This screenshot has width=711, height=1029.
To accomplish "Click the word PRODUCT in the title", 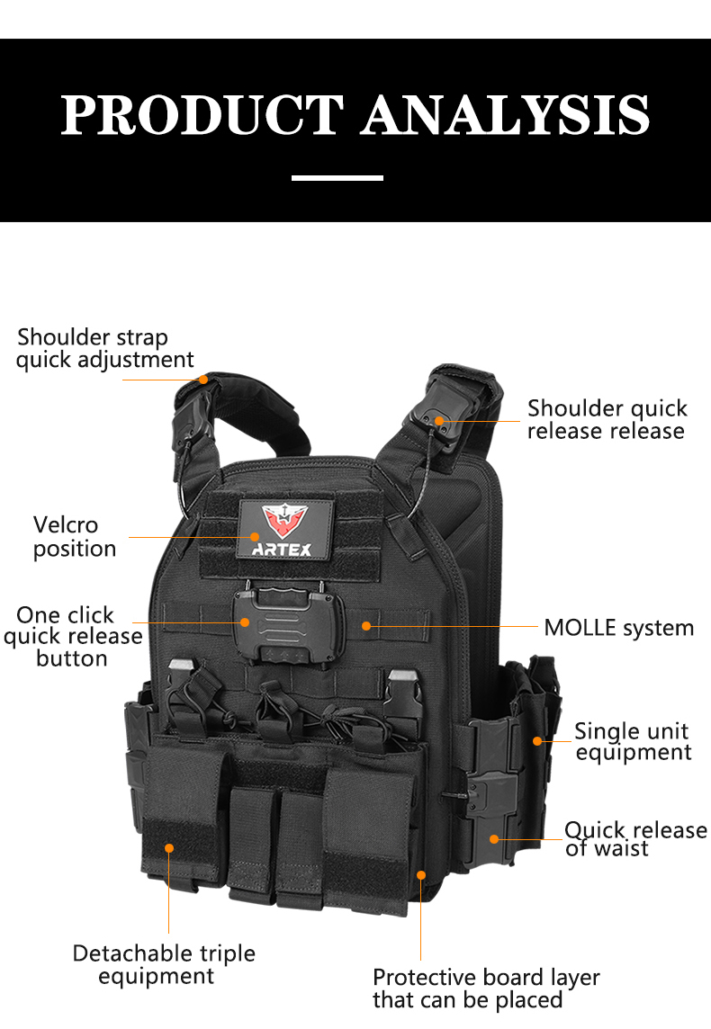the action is point(202,115).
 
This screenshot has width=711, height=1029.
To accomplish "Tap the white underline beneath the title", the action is point(337,178).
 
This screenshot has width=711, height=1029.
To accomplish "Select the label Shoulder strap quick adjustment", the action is point(105,348).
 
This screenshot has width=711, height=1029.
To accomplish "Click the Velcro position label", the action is point(74,537).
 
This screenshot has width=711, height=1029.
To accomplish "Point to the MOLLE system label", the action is point(618,628).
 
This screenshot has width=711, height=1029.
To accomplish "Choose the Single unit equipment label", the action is point(633,741).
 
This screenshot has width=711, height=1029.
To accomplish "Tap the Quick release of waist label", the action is point(635,839).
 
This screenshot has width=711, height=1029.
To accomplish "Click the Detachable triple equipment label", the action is point(164,964).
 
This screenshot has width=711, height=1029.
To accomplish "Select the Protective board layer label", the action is point(486,989).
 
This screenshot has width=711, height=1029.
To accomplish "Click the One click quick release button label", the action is point(73,636).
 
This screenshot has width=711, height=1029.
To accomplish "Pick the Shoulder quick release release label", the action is point(607,419).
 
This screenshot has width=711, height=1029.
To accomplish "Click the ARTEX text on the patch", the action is point(282,550).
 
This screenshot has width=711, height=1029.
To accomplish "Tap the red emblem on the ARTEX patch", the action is point(285,521).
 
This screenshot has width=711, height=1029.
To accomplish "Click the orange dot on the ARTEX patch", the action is point(255,537).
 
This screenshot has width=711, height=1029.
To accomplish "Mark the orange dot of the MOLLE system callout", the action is point(366,626).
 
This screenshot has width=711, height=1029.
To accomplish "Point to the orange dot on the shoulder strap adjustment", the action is point(203,380).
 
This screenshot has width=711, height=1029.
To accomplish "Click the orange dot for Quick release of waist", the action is point(494,839).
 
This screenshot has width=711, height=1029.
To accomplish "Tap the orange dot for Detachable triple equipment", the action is point(168,848).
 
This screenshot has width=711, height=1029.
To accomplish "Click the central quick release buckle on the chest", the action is point(289,625).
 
